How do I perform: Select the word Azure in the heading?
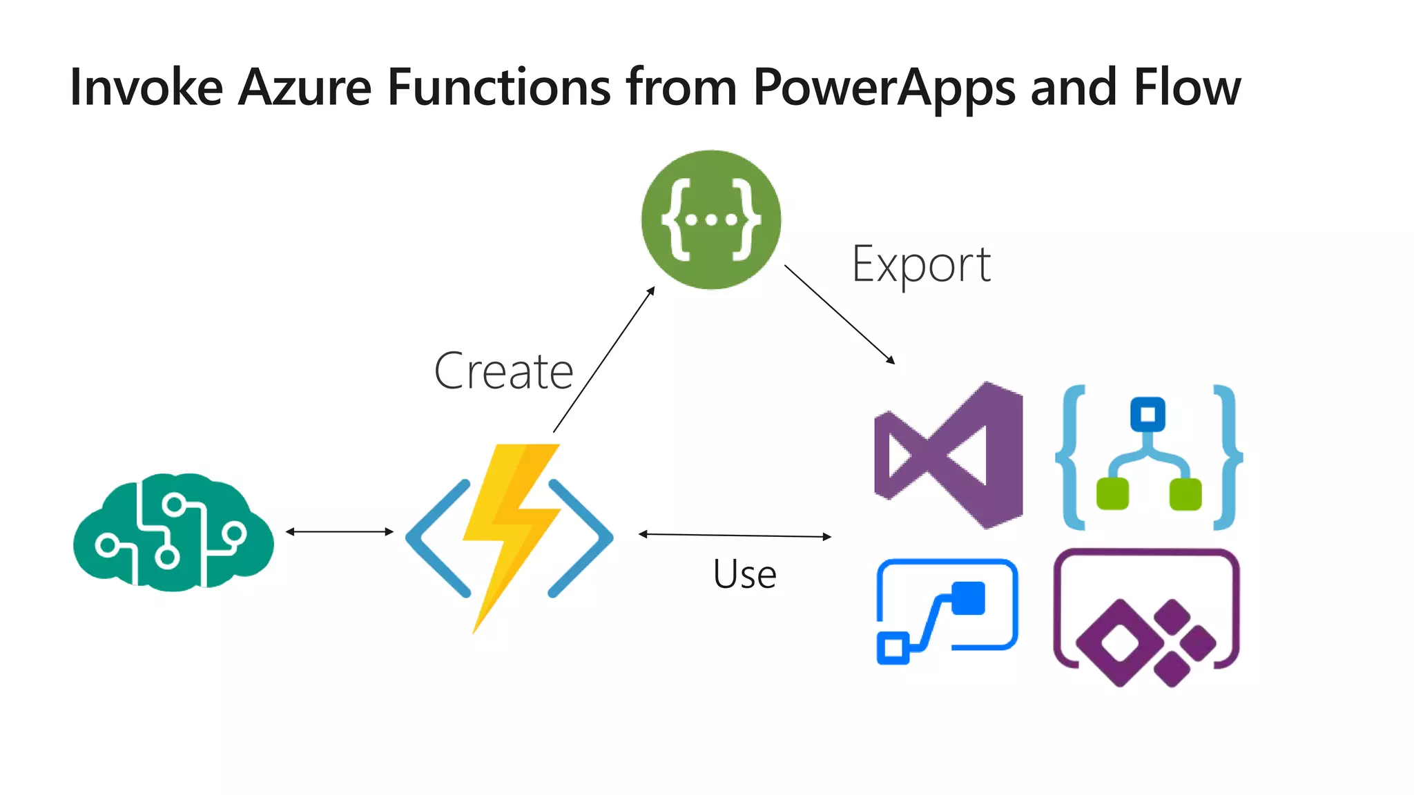coord(304,88)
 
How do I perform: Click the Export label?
coord(921,265)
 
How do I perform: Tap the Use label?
coord(744,574)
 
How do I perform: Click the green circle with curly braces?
coord(711,219)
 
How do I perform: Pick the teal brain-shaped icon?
coord(173,532)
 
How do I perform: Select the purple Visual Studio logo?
coord(949,455)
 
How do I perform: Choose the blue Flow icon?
coord(947,611)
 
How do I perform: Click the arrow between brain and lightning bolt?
coord(339,531)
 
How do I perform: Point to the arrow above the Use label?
coord(735,535)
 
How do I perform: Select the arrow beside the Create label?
coord(603,360)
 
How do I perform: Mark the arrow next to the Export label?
coord(839,314)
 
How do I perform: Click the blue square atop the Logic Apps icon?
coord(1147,414)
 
